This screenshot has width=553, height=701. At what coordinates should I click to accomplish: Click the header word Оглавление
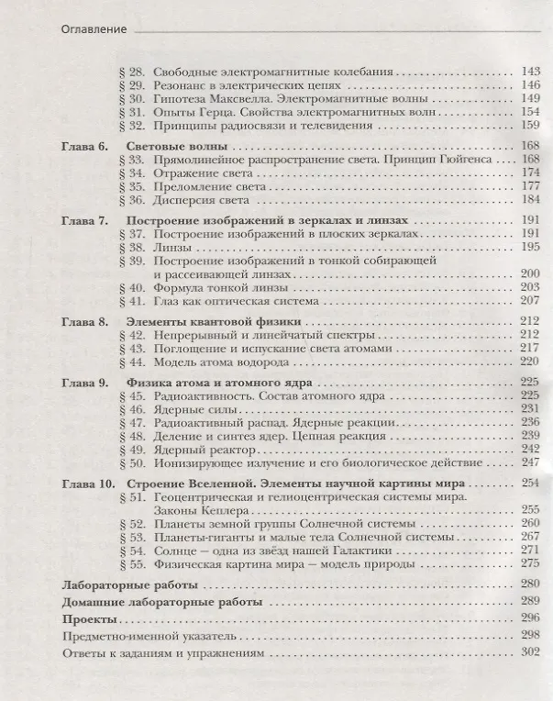93,28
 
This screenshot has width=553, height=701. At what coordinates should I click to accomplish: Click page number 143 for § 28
529,71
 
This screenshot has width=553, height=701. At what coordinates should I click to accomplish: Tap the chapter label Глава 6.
84,147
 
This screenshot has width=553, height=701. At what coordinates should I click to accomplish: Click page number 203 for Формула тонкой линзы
529,287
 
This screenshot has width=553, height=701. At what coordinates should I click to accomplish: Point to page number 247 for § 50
529,462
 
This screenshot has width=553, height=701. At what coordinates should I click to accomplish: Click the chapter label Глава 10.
88,484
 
